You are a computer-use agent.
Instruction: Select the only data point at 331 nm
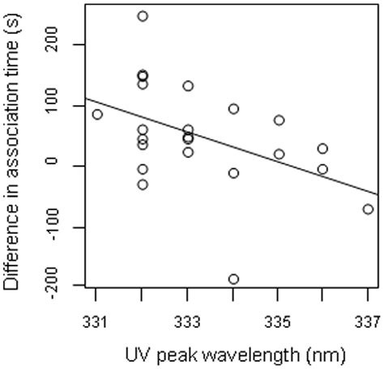97,114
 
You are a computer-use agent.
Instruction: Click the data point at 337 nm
369,209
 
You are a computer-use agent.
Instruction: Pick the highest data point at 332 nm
143,16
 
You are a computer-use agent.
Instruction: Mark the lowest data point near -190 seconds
233,279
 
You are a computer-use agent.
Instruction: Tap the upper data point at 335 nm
279,120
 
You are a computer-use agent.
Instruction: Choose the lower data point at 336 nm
323,169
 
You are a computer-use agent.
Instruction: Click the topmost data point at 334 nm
233,108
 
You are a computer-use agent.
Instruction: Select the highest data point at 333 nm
188,86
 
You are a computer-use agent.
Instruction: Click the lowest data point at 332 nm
143,184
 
